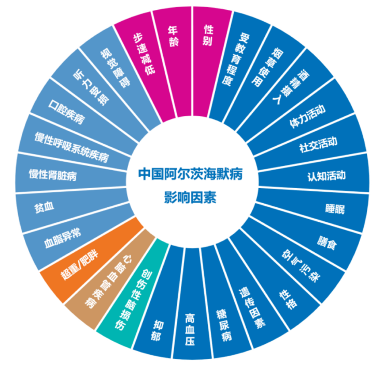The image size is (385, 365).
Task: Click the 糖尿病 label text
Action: pyautogui.click(x=224, y=326)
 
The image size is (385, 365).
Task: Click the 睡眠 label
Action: pyautogui.click(x=335, y=209)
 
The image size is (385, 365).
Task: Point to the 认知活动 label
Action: pyautogui.click(x=326, y=176)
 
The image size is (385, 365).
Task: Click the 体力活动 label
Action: pyautogui.click(x=307, y=116)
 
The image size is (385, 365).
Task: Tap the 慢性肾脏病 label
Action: pyautogui.click(x=53, y=175)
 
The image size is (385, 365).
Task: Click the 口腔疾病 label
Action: pyautogui.click(x=66, y=112)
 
